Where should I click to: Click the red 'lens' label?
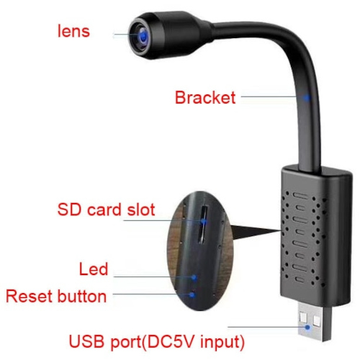pos(73,31)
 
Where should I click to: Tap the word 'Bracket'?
pos(205,97)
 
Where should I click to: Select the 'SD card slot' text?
pos(107,210)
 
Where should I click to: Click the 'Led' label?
pos(94,269)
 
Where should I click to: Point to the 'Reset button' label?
pos(56,296)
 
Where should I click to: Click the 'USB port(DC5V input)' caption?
pos(157,341)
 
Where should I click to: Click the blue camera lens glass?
pos(143,36)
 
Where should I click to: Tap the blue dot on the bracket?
pos(307,98)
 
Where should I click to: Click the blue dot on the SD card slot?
pos(204,221)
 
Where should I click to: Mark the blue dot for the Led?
pos(194,278)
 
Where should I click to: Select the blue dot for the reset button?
pos(192,294)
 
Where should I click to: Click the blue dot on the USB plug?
pos(307,327)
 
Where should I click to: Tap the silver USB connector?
pos(315,321)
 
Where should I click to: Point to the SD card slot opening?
pos(203,224)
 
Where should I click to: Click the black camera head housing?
pos(168,34)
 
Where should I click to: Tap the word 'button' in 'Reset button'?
pos(82,296)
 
